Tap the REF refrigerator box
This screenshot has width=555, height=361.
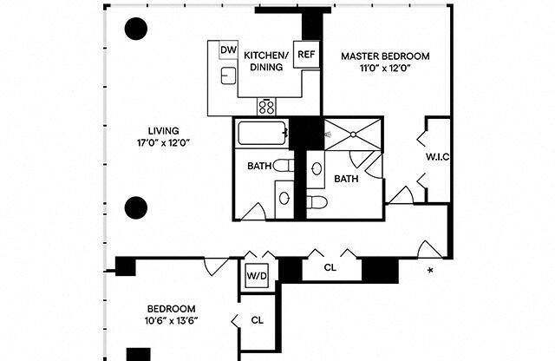click(306, 55)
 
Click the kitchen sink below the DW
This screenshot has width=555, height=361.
click(228, 76)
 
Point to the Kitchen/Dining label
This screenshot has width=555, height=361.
click(267, 60)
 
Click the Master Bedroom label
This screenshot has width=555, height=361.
click(384, 56)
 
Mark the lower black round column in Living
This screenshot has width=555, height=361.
click(135, 207)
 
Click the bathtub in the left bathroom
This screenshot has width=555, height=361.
click(262, 135)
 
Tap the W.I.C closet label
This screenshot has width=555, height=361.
click(438, 157)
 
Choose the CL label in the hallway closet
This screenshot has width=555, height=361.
click(330, 267)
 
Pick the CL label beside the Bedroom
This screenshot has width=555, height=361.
click(257, 319)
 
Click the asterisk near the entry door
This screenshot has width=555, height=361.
click(431, 272)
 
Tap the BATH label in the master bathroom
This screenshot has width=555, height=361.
click(347, 179)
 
